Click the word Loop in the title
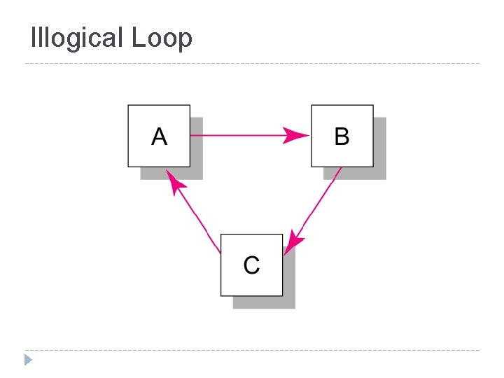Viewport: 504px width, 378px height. (162, 38)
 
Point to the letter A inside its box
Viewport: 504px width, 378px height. (159, 136)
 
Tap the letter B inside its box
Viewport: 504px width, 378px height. (342, 136)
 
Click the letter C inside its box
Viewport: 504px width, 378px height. (251, 265)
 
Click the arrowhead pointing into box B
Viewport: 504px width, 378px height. (297, 136)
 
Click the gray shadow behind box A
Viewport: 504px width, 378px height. (197, 173)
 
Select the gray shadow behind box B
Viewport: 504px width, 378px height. (380, 173)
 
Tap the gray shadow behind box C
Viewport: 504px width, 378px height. (289, 302)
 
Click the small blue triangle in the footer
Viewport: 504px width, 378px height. (28, 360)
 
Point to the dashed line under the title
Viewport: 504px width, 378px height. (252, 64)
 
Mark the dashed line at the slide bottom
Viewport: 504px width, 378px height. (252, 350)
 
